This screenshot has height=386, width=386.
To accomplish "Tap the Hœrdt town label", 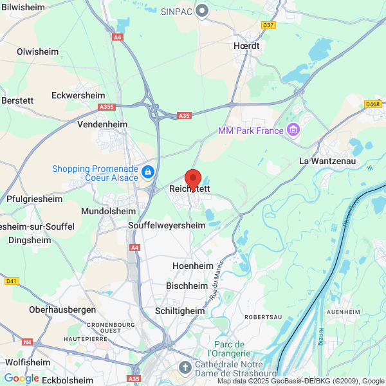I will tap(247, 46).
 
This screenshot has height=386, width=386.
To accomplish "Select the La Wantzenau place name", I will tap(326, 161).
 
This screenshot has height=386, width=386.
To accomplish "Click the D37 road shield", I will tap(269, 25).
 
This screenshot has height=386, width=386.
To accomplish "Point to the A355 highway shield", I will tap(107, 107).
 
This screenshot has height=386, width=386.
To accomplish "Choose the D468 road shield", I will tap(372, 104).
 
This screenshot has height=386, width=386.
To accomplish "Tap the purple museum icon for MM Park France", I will tap(294, 131).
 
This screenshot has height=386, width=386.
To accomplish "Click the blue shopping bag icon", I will tap(149, 172).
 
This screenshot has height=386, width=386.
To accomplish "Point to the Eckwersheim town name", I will tap(78, 95).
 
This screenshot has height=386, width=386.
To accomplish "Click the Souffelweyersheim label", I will tap(167, 226).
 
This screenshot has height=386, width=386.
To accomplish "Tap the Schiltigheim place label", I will tap(180, 311).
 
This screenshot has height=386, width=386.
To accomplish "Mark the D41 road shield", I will tap(11, 281).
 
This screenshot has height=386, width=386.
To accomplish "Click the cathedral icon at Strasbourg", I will tap(185, 367).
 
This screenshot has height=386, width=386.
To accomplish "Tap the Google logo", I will tap(21, 378).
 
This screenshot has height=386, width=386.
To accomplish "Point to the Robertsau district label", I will tap(262, 318).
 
